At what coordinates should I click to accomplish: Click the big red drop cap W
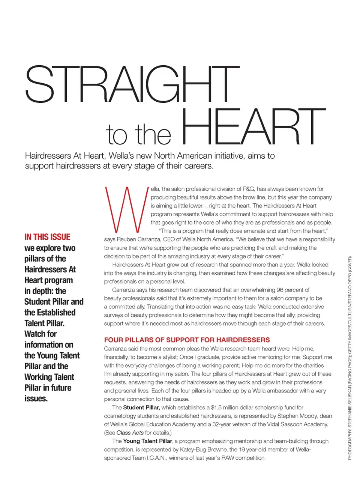point(126,209)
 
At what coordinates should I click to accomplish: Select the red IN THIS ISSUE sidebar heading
point(47,237)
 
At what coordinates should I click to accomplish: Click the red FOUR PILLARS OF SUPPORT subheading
point(187,340)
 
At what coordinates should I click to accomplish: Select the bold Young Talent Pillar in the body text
point(147,441)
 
